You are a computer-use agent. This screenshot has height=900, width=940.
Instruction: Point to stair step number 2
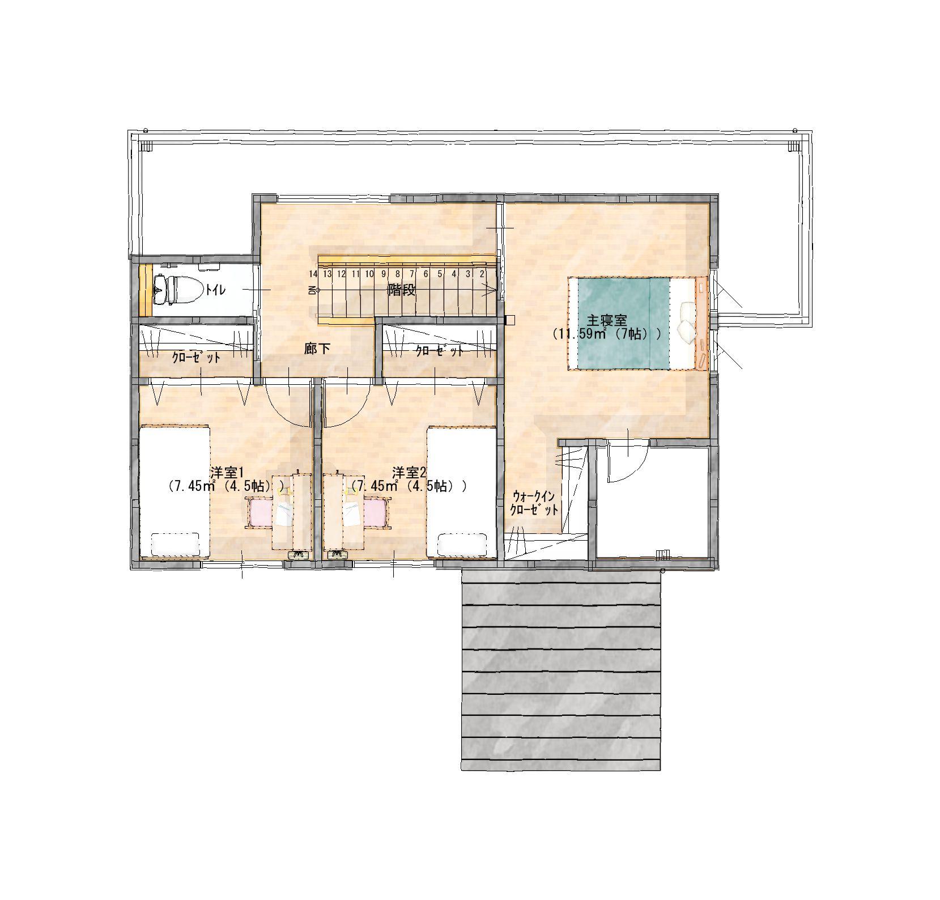482,274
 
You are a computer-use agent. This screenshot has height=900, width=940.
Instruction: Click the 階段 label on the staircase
402,291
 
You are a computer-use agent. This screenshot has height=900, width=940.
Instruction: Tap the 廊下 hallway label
318,349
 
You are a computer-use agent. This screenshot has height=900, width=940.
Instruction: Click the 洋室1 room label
227,472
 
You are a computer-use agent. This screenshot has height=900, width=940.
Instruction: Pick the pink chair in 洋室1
260,512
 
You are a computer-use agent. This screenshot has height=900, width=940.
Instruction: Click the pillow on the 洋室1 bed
175,544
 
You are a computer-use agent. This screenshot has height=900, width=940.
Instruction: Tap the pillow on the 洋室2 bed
462,544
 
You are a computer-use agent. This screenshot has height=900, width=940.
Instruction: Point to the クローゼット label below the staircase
440,351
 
